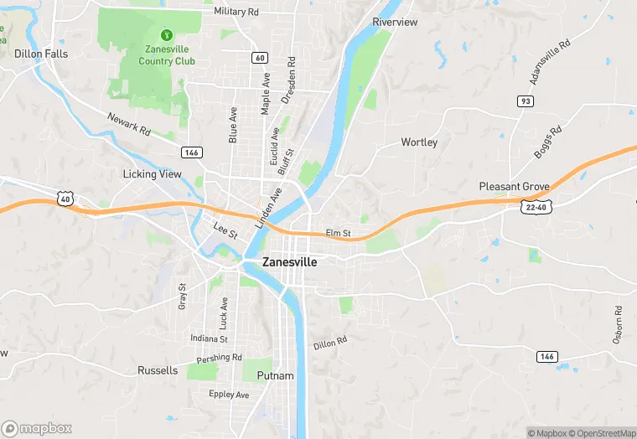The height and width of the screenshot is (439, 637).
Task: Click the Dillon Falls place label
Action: click(41, 54)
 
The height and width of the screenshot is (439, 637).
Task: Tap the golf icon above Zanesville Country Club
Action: click(167, 35)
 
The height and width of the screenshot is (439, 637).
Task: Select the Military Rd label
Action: click(236, 12)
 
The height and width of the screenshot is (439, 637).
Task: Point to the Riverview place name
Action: click(395, 22)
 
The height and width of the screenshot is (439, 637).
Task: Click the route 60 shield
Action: click(260, 57)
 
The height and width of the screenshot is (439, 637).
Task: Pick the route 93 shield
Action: click(526, 101)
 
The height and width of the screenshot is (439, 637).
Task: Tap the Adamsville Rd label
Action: click(550, 61)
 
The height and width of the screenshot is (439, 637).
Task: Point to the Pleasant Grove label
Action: click(514, 186)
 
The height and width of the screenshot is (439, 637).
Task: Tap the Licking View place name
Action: click(152, 174)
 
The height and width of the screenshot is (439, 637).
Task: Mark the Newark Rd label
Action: click(128, 125)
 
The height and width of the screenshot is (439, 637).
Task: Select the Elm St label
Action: click(338, 232)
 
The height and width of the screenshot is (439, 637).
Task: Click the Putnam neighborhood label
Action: click(276, 376)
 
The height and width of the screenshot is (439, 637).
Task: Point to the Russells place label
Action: click(158, 370)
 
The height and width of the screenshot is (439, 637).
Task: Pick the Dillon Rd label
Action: click(330, 343)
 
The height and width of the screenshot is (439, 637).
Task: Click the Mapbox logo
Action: click(37, 428)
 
